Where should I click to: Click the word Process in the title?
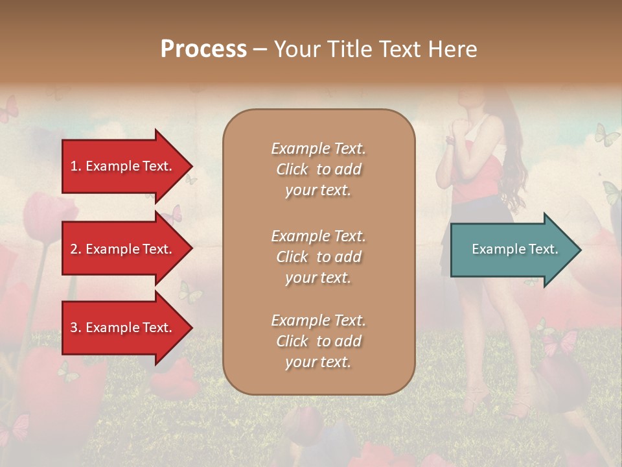click(x=203, y=49)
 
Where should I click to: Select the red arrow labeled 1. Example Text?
click(x=123, y=166)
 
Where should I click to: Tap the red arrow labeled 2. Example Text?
click(x=123, y=249)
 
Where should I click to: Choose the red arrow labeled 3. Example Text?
click(x=123, y=328)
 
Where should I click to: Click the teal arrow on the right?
click(x=512, y=249)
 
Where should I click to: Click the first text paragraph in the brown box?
click(x=318, y=169)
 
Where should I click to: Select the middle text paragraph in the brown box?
click(x=318, y=256)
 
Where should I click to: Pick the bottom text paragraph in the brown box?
click(x=318, y=341)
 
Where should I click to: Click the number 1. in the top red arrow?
click(x=76, y=166)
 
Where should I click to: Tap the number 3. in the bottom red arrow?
click(x=76, y=328)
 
